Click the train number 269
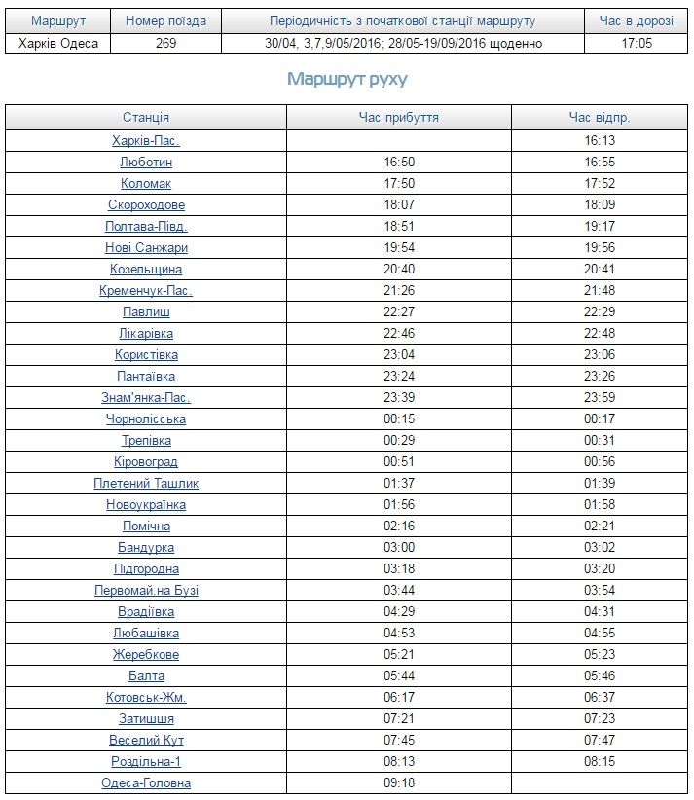[x=165, y=44]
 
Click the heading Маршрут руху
[x=347, y=80]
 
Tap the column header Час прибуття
[x=399, y=118]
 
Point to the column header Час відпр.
[x=600, y=118]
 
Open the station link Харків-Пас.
[x=146, y=141]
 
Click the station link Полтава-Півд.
[x=146, y=227]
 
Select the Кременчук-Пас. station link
[x=146, y=291]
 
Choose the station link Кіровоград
[x=146, y=462]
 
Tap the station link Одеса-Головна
[x=146, y=783]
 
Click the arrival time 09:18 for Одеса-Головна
[x=399, y=783]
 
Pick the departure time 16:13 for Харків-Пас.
[x=600, y=141]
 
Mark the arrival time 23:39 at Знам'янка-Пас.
[x=399, y=398]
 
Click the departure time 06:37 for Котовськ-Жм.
[x=600, y=698]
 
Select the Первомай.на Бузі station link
[x=146, y=591]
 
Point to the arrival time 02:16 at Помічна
[x=399, y=527]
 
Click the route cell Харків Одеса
[x=58, y=44]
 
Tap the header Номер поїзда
[x=165, y=21]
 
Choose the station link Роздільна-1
[x=146, y=762]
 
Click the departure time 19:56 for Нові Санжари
[x=600, y=248]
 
